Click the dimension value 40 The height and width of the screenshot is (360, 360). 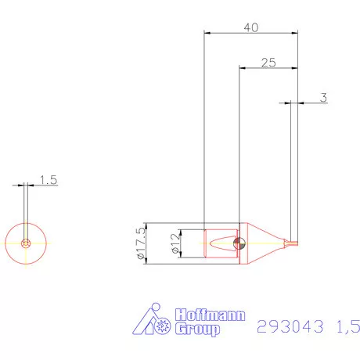250,27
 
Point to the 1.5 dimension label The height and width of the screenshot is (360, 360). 49,179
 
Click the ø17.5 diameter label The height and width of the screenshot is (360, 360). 141,243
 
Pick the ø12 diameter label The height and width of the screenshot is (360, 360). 175,243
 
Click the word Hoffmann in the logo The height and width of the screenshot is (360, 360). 209,315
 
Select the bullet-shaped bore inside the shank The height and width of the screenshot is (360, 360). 221,243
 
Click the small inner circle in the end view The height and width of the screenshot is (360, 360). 27,243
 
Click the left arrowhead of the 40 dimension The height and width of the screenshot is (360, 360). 206,33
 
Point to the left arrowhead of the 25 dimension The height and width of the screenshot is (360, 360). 241,68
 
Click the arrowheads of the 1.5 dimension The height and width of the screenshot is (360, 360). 26,185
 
